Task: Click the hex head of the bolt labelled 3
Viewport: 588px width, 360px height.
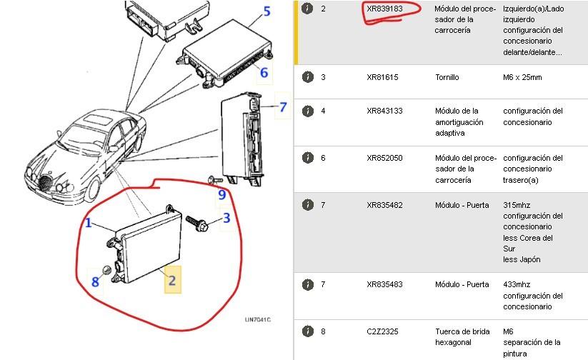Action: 202,226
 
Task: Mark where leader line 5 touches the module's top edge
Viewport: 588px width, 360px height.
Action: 248,27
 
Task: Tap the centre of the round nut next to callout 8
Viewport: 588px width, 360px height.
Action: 106,269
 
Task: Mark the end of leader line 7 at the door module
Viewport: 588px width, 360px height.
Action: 260,107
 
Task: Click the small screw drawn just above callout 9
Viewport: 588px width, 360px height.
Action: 216,181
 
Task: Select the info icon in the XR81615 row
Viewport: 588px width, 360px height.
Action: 307,77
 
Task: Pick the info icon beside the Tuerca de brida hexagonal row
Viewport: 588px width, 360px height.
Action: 307,331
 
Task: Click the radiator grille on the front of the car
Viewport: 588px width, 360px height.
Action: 45,183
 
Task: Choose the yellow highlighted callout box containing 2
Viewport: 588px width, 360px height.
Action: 172,280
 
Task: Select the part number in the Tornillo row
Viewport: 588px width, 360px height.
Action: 382,77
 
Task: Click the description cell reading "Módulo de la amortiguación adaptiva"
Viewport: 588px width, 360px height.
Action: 459,122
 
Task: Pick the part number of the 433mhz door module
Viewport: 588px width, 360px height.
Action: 384,284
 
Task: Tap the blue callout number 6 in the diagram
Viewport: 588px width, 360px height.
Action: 264,72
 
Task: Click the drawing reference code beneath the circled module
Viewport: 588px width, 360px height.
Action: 258,319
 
